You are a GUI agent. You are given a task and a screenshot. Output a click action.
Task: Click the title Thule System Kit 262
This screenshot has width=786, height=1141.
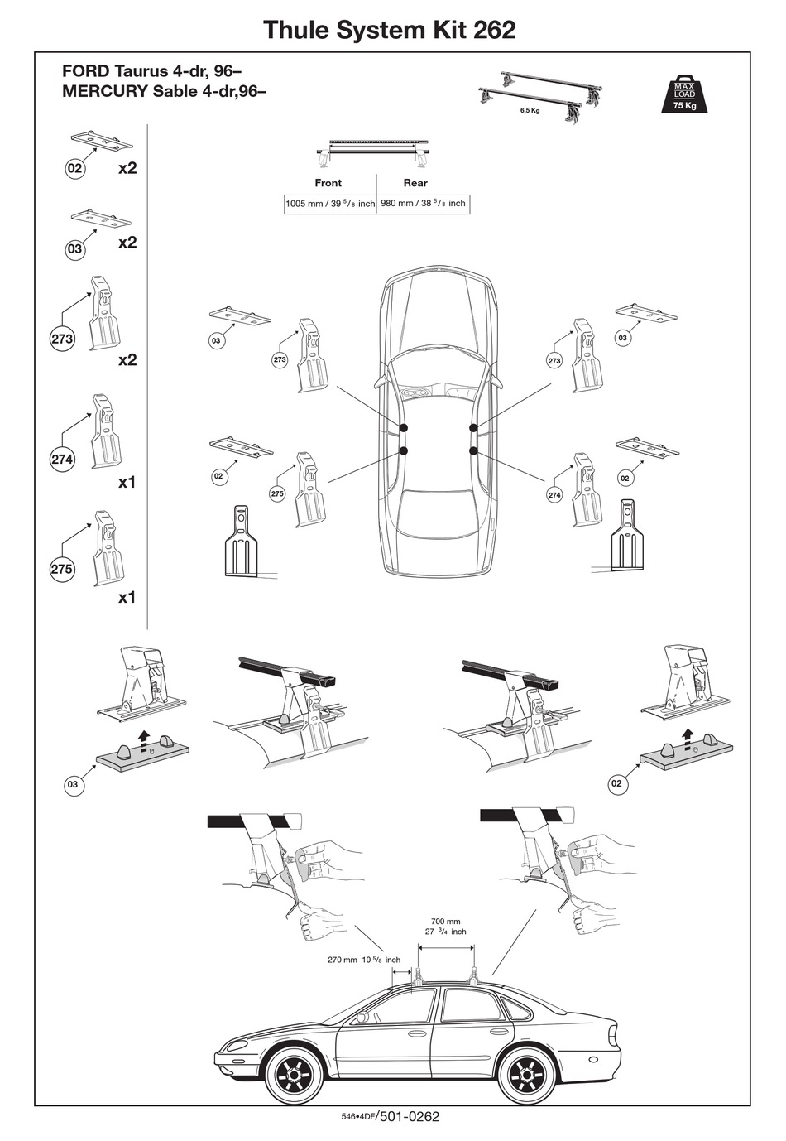389,30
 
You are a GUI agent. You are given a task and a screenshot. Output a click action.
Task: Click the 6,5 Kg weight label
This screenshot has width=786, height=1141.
530,111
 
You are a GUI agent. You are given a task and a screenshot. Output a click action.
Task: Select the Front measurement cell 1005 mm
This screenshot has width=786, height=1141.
329,203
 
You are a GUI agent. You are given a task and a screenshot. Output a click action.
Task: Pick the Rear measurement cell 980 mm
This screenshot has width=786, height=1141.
423,203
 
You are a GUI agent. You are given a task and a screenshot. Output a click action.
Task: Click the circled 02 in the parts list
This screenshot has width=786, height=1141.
75,169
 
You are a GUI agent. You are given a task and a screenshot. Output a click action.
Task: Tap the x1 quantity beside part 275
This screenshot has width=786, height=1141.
127,597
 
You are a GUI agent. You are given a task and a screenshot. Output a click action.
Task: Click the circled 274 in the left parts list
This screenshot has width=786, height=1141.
62,460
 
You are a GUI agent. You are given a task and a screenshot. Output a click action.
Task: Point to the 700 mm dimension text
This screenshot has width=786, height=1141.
446,921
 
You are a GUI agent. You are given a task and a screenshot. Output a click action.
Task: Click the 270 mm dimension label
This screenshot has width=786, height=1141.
364,960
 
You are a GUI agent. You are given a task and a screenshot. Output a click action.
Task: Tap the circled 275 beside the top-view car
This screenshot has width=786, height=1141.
277,493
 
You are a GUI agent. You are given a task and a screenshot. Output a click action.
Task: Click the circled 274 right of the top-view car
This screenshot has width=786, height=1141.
554,495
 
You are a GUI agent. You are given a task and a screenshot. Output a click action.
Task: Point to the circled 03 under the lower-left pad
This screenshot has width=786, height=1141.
73,784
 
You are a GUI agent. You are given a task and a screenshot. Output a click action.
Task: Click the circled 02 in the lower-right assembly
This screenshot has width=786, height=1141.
616,783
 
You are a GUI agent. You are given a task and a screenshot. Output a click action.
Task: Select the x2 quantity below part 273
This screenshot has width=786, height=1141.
127,359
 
